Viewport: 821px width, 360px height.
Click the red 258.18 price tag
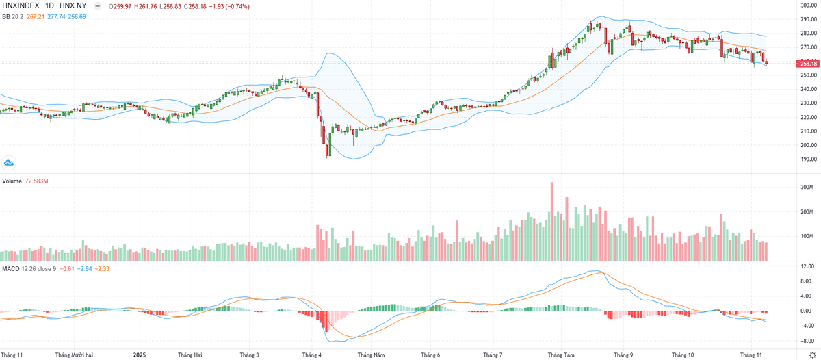(807, 64)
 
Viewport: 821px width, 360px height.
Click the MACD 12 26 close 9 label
(29, 268)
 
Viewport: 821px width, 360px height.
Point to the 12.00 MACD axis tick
(805, 267)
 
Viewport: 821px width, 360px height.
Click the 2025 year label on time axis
(140, 355)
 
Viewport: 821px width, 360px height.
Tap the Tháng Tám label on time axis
(561, 355)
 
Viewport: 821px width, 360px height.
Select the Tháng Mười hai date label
(73, 355)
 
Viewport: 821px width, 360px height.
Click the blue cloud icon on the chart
(9, 163)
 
